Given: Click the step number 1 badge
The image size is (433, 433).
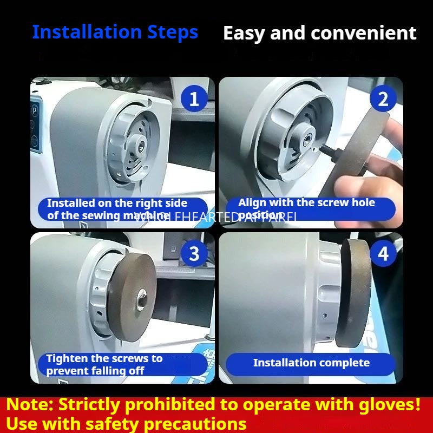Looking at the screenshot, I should click(x=193, y=99).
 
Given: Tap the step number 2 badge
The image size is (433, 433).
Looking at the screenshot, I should click(x=383, y=99).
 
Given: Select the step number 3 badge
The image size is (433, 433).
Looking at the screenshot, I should click(x=193, y=253).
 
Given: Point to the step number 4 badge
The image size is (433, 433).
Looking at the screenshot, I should click(x=383, y=253).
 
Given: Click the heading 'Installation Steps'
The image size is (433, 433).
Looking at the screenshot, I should click(x=115, y=32).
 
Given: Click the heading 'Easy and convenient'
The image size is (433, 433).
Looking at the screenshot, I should click(x=320, y=34).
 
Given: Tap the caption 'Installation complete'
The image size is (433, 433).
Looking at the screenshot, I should click(x=311, y=363).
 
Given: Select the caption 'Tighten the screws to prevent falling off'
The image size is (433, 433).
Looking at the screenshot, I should click(x=104, y=365).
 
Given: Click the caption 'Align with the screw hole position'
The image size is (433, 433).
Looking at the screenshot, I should click(x=306, y=208).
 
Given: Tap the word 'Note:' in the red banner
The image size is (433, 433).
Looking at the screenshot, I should click(x=30, y=405).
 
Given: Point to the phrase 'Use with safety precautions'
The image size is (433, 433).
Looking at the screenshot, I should click(x=127, y=423).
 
